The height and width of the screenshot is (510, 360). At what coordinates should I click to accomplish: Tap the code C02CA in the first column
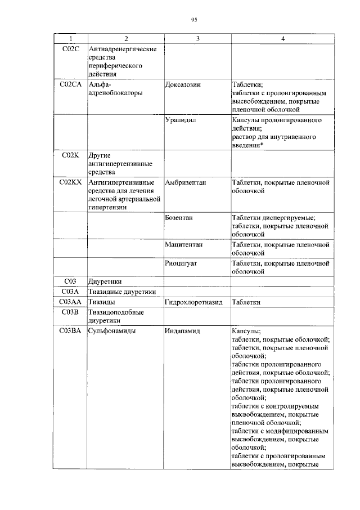71,84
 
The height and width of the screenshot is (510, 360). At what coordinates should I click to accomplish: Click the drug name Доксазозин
183,84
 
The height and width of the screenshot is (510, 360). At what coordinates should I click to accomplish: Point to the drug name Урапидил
181,120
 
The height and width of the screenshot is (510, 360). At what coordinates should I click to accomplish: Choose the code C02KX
71,182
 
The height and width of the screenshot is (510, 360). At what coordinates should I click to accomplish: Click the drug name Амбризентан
186,182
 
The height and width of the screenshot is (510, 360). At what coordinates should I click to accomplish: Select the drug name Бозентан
180,217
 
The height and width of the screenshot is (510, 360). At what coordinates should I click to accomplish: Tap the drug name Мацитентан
184,245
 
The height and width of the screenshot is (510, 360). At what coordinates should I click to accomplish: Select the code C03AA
71,302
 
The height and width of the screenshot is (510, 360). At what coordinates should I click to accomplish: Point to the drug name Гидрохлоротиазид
194,302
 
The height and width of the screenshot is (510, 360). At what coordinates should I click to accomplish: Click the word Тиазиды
102,302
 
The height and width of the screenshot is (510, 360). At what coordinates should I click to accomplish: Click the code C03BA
71,331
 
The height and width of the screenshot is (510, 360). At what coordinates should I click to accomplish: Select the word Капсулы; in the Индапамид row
246,331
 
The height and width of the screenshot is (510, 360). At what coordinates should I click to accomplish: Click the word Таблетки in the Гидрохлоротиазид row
246,302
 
